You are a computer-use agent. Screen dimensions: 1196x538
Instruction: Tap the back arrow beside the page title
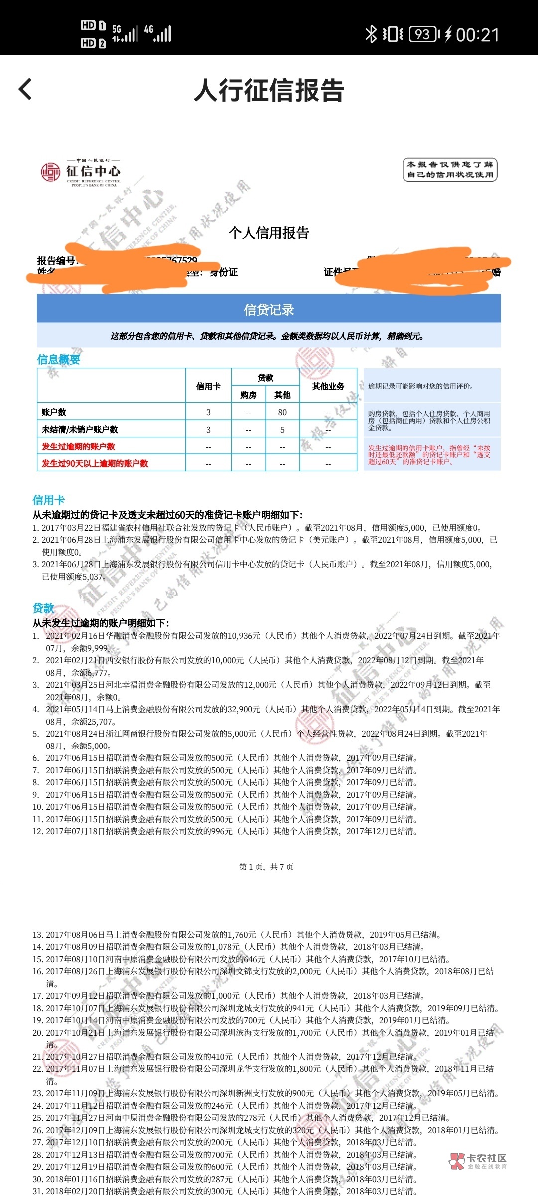pos(25,90)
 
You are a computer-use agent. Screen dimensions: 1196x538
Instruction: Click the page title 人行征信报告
pos(269,90)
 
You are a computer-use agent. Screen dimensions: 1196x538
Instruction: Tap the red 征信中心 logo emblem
pos(50,172)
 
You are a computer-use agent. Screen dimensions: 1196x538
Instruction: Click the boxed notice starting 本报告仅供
pos(449,170)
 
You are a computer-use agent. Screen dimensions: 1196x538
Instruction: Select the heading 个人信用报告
pos(269,233)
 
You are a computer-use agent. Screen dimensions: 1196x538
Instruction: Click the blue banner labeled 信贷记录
pos(269,310)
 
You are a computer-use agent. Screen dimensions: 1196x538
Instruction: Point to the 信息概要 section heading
pos(59,359)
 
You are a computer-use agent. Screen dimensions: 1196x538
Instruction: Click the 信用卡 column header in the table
pos(208,386)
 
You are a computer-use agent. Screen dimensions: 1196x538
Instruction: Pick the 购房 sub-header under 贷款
pos(248,395)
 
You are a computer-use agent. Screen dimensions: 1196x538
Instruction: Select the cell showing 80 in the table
pos(282,412)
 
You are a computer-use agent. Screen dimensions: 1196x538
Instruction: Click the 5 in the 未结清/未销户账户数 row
pos(282,430)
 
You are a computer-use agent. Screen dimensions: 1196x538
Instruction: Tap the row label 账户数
pos(54,412)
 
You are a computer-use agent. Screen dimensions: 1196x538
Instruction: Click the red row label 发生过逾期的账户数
pos(78,447)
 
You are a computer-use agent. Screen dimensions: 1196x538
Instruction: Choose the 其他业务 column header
pos(328,386)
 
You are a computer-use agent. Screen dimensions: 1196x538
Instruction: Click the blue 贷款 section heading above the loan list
pos(43,608)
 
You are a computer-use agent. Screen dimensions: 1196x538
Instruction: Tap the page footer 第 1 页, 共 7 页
pos(267,867)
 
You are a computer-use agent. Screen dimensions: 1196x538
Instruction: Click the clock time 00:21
pos(477,35)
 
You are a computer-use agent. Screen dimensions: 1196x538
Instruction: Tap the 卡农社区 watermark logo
pos(478,1161)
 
